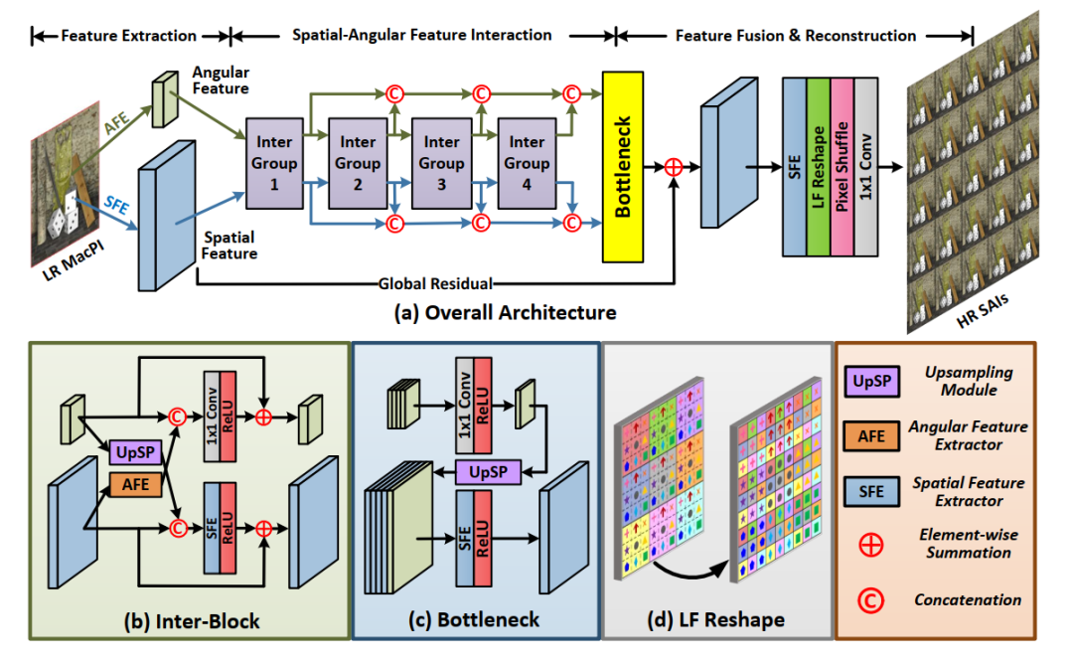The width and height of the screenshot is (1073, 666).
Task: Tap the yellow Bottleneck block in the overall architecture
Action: [623, 166]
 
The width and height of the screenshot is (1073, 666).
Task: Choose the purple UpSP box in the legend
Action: [871, 381]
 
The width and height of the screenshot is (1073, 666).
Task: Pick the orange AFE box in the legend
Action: [871, 433]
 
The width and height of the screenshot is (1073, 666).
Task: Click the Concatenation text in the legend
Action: [967, 599]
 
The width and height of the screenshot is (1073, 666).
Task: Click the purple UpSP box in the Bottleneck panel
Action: [489, 471]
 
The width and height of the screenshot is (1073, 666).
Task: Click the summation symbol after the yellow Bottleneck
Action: [674, 168]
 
